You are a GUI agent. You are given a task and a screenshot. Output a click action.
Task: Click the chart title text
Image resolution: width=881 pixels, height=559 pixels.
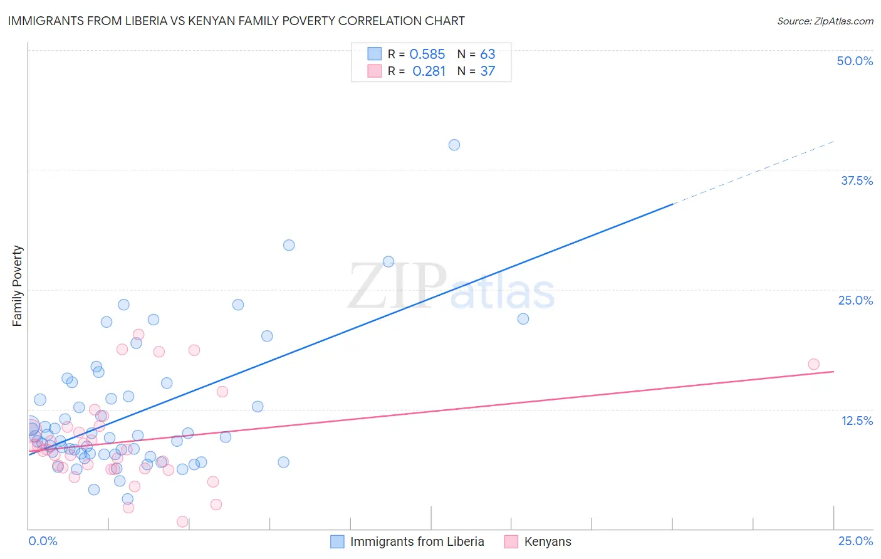pyautogui.click(x=236, y=21)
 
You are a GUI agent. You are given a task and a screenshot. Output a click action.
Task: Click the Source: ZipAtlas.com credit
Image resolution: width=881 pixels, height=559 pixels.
pyautogui.click(x=825, y=21)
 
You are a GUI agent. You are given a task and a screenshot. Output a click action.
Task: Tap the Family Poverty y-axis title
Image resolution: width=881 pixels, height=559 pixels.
pyautogui.click(x=18, y=286)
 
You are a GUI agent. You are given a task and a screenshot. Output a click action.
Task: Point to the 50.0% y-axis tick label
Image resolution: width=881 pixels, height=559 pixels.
pyautogui.click(x=855, y=61)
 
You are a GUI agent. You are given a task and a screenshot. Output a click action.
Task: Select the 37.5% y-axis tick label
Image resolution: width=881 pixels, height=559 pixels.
pyautogui.click(x=857, y=180)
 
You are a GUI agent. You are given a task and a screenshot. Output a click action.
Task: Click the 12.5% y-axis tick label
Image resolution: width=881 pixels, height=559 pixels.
pyautogui.click(x=857, y=421)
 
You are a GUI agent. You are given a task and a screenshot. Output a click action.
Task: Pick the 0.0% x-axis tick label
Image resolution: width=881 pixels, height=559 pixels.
pyautogui.click(x=43, y=541)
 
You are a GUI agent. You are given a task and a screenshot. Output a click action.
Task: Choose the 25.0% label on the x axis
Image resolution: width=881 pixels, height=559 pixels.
pyautogui.click(x=855, y=541)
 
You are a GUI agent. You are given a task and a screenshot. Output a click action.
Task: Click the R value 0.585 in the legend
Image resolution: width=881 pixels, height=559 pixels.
pyautogui.click(x=427, y=55)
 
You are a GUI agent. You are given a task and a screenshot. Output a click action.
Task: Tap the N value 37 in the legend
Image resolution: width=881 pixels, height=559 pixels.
pyautogui.click(x=487, y=71)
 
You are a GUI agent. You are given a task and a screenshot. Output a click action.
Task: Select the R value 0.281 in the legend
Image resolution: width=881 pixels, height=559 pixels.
pyautogui.click(x=429, y=71)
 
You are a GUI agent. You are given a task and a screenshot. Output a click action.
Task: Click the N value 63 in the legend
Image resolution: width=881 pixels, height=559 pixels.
pyautogui.click(x=487, y=55)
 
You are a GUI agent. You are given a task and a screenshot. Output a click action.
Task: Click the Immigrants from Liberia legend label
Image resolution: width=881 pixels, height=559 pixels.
pyautogui.click(x=417, y=541)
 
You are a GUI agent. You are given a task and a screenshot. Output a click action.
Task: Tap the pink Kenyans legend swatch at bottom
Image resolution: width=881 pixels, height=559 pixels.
pyautogui.click(x=511, y=541)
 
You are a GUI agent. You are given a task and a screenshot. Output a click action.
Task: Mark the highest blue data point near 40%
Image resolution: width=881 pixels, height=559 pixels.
pyautogui.click(x=454, y=145)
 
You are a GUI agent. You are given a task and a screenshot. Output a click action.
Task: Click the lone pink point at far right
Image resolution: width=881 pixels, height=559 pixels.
pyautogui.click(x=813, y=364)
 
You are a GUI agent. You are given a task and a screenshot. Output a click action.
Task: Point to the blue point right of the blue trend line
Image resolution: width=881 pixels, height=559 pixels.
pyautogui.click(x=523, y=318)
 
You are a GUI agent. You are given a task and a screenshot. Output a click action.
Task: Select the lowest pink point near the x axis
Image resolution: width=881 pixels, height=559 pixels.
pyautogui.click(x=182, y=521)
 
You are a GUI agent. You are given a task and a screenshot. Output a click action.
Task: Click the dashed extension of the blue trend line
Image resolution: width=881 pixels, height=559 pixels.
pyautogui.click(x=752, y=173)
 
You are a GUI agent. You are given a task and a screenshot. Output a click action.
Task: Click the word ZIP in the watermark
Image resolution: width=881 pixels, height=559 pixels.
pyautogui.click(x=397, y=286)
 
